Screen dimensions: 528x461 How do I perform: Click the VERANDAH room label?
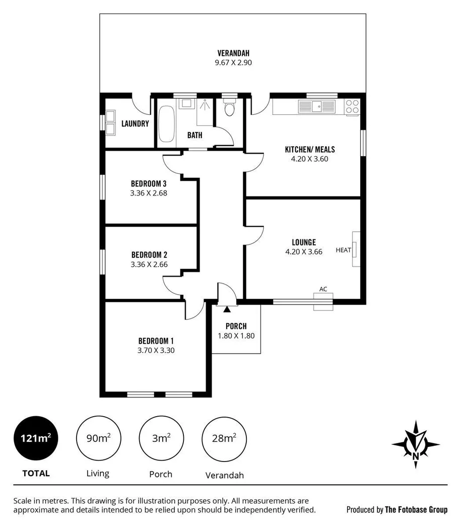pyautogui.click(x=233, y=53)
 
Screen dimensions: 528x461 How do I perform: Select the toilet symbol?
pyautogui.click(x=229, y=108)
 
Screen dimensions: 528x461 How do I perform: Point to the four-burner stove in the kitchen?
pyautogui.click(x=352, y=106)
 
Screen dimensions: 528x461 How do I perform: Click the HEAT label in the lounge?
pyautogui.click(x=343, y=250)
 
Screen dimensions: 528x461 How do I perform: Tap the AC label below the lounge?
pyautogui.click(x=323, y=289)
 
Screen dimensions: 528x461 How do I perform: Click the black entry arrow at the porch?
pyautogui.click(x=227, y=309)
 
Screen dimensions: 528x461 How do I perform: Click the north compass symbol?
pyautogui.click(x=415, y=443)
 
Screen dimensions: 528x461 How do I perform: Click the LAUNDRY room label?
pyautogui.click(x=135, y=123)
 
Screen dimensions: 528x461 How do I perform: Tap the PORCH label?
pyautogui.click(x=236, y=326)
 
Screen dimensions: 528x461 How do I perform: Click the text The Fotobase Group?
pyautogui.click(x=416, y=509)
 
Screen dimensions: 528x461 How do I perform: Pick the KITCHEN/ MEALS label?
pyautogui.click(x=310, y=149)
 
